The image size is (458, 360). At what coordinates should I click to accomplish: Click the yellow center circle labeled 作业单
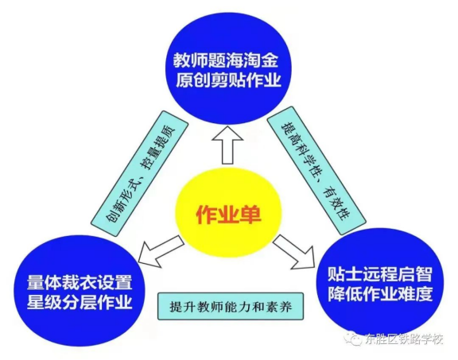click(229, 215)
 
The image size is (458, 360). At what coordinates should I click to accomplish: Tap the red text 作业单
click(228, 215)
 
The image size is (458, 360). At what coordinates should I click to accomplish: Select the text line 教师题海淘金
click(226, 60)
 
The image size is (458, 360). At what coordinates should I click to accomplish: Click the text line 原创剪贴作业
click(228, 80)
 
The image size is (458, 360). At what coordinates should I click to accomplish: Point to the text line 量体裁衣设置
click(80, 281)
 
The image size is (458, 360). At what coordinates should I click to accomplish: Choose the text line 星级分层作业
click(80, 301)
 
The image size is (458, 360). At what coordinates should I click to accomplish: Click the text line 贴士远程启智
click(380, 273)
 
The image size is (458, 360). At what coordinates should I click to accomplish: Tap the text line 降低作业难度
click(380, 293)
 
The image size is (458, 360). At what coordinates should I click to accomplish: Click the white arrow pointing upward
click(227, 145)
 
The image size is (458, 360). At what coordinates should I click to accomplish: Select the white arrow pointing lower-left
click(160, 251)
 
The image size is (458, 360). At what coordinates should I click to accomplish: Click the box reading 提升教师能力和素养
click(231, 306)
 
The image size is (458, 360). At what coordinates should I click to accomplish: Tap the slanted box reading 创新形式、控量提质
click(139, 174)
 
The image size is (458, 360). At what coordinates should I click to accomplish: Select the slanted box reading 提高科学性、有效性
click(316, 172)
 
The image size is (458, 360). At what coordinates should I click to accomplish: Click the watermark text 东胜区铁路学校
click(404, 339)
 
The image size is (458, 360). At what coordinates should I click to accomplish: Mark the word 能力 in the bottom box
click(237, 307)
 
